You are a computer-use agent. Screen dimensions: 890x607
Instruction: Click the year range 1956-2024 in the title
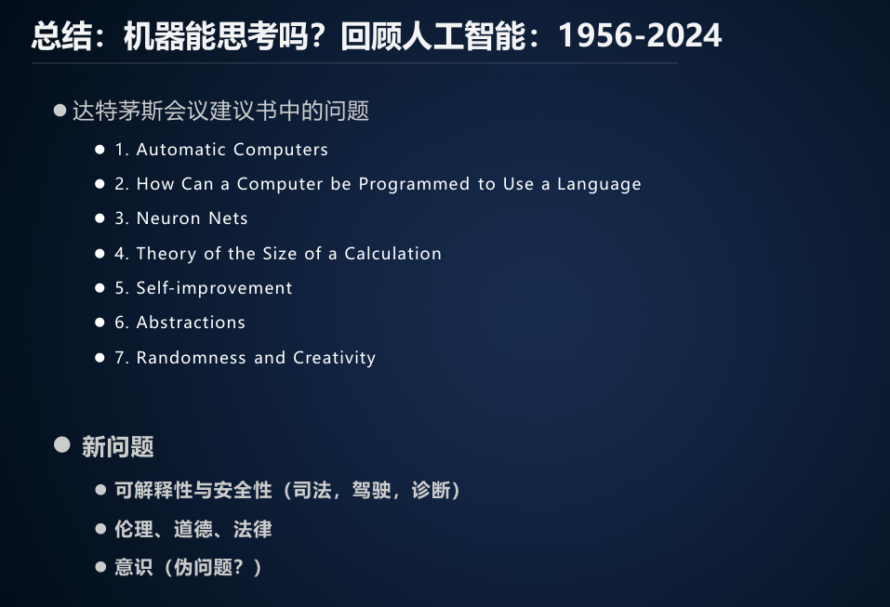[640, 35]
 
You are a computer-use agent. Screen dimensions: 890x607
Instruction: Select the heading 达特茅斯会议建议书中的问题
[220, 111]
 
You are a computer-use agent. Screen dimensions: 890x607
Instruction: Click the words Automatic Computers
[232, 150]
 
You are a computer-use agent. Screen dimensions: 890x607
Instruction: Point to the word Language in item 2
[599, 184]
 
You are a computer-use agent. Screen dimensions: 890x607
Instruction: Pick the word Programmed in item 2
[415, 184]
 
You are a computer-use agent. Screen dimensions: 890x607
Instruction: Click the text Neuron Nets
[193, 218]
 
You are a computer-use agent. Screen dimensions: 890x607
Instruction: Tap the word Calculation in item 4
[392, 253]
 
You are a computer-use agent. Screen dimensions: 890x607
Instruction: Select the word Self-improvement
[215, 287]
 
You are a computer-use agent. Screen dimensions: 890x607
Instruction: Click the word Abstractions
[192, 323]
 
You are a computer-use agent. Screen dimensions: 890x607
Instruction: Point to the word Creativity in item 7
[334, 358]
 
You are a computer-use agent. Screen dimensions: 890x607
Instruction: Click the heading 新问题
[118, 446]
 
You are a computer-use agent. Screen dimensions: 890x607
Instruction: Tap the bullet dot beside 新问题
[62, 444]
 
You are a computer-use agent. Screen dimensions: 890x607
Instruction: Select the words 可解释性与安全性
[193, 490]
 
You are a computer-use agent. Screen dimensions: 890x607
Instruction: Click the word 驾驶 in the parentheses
[372, 490]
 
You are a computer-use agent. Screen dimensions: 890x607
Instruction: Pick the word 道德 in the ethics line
[193, 529]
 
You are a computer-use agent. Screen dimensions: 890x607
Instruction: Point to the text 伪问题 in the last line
[203, 567]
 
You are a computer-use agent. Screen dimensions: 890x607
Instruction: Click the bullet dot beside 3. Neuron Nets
[100, 218]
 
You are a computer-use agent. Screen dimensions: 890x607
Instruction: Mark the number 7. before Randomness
[122, 358]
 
